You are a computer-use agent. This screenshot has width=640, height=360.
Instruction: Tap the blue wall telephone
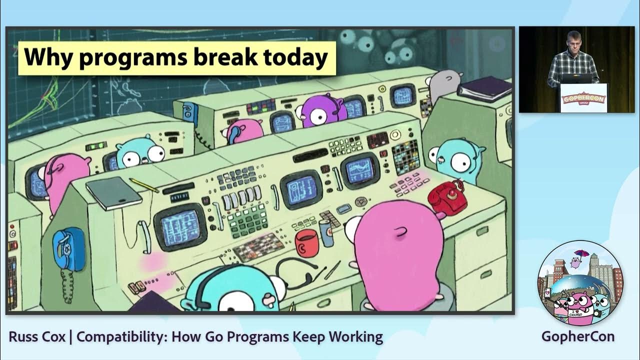(68, 249)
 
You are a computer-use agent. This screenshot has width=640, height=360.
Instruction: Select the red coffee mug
(306, 242)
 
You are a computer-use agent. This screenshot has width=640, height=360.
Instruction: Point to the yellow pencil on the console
(144, 185)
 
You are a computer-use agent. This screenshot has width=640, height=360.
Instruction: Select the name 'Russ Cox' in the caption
(37, 336)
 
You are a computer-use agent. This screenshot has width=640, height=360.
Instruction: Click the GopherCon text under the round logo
(577, 336)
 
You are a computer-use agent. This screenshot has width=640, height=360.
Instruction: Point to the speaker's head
(572, 39)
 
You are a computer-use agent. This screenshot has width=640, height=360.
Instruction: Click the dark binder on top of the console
(484, 88)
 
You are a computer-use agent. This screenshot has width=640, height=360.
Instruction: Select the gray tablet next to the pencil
(113, 192)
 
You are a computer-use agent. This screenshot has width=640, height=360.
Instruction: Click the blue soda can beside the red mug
(326, 233)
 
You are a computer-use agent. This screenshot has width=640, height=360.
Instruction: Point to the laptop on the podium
(576, 78)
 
